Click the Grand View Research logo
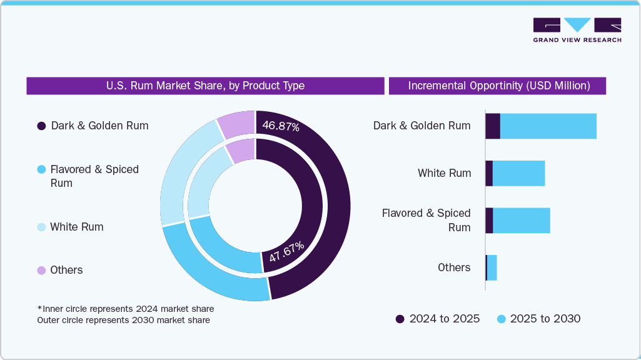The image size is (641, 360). pyautogui.click(x=577, y=30)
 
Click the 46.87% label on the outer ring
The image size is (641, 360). pyautogui.click(x=281, y=126)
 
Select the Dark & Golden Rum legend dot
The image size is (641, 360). pyautogui.click(x=41, y=126)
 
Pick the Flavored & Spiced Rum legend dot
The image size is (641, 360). pyautogui.click(x=41, y=169)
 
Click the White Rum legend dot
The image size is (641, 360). pyautogui.click(x=41, y=227)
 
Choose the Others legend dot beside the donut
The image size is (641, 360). pyautogui.click(x=41, y=270)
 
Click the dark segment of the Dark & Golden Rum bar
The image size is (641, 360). pyautogui.click(x=493, y=126)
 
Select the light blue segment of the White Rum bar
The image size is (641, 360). pyautogui.click(x=518, y=173)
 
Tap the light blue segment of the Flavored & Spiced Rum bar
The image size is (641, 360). pyautogui.click(x=521, y=221)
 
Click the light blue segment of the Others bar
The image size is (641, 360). pyautogui.click(x=492, y=267)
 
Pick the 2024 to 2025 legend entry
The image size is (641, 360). pyautogui.click(x=438, y=319)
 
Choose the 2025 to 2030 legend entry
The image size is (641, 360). pyautogui.click(x=538, y=319)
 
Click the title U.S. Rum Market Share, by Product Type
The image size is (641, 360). pyautogui.click(x=205, y=86)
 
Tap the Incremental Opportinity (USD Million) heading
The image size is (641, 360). pyautogui.click(x=498, y=86)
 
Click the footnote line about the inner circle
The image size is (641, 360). pyautogui.click(x=125, y=309)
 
